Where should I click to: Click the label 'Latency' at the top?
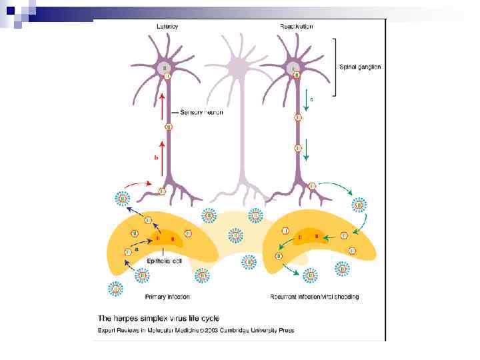[167, 27]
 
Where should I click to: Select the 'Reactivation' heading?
[297, 27]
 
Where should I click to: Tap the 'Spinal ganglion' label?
[360, 67]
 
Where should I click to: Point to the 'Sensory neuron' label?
[201, 112]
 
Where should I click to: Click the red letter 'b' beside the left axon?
[156, 158]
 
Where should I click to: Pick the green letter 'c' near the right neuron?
[310, 99]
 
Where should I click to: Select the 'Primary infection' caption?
[167, 297]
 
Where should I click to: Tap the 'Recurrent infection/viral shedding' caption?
[315, 297]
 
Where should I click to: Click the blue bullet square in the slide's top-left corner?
[10, 11]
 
